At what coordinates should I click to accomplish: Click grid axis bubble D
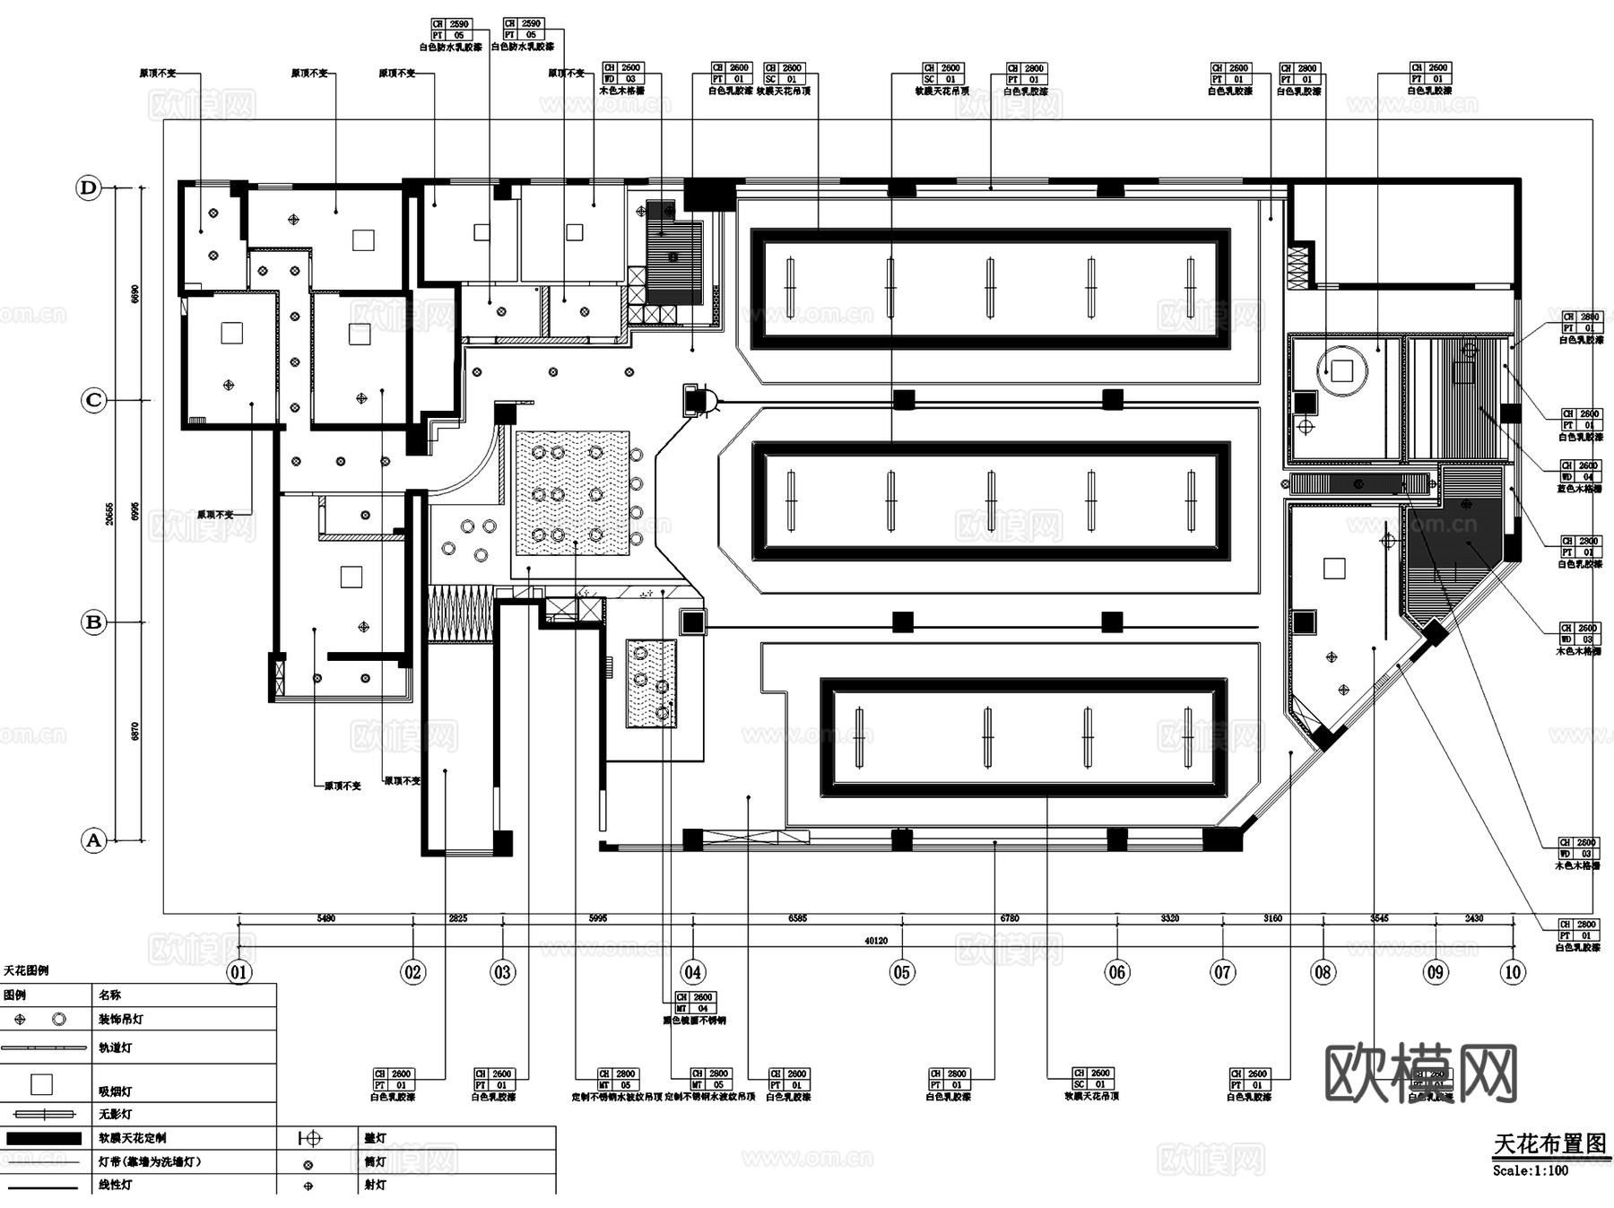point(88,188)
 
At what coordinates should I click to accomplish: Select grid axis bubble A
point(93,841)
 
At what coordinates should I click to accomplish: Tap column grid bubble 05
point(901,972)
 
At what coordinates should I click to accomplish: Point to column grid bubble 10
point(1513,972)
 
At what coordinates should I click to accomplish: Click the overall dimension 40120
point(876,941)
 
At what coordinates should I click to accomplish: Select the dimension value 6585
point(797,918)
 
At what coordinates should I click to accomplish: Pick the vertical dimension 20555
point(109,514)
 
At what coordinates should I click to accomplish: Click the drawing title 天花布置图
point(1549,1144)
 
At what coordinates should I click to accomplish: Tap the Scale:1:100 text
point(1531,1170)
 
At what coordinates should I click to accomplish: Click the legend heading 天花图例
point(26,970)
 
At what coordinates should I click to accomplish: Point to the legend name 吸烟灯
point(115,1091)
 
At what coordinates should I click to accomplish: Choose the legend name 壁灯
point(375,1138)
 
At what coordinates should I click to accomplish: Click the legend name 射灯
point(375,1185)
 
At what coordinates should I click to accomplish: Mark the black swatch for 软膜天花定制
point(43,1138)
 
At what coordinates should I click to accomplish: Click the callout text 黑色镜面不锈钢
point(694,1021)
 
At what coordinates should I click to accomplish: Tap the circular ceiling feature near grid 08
point(1341,369)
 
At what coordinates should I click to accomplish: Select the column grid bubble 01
point(239,972)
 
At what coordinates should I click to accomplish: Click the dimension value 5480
point(326,918)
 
